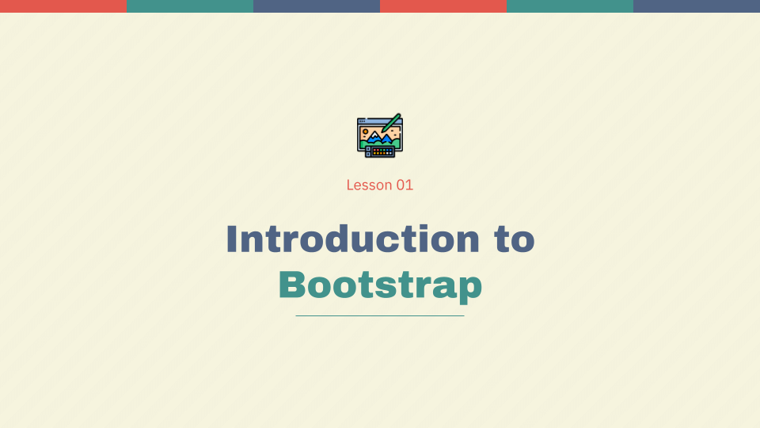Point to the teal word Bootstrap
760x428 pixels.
click(x=380, y=285)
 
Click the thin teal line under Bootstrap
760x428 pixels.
click(x=380, y=315)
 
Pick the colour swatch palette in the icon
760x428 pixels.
click(x=382, y=151)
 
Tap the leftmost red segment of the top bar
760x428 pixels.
click(x=63, y=6)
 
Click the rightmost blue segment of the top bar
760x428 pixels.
click(x=697, y=6)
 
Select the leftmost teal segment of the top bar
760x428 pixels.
click(x=190, y=6)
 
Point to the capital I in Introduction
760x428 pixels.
click(x=231, y=239)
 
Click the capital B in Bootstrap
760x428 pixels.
click(x=292, y=285)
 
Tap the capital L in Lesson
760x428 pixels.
click(x=350, y=185)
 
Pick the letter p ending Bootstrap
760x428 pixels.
click(x=470, y=287)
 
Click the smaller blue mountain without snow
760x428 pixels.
click(x=388, y=139)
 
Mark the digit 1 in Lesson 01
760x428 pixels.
click(x=408, y=185)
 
